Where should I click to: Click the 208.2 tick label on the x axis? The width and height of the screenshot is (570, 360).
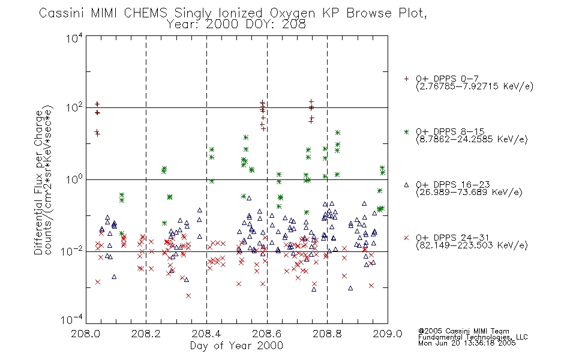coord(146,334)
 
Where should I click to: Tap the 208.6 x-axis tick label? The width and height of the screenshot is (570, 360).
coord(267,334)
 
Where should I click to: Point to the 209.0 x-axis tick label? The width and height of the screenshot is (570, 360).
coord(388,334)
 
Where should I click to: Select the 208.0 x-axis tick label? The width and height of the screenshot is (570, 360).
coord(85,334)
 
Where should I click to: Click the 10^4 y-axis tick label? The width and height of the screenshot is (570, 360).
coord(74,37)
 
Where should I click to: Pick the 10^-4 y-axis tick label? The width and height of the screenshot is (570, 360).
coord(72,319)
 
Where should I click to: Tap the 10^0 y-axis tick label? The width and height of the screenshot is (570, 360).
coord(74,179)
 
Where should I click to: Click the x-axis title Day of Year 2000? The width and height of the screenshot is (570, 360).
coord(236,346)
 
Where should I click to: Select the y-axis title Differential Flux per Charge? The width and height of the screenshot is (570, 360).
coord(38,182)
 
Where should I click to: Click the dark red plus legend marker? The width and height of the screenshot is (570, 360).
coord(406,79)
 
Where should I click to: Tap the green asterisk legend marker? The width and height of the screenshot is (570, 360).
coord(406,131)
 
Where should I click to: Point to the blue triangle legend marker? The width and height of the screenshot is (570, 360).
coord(406,185)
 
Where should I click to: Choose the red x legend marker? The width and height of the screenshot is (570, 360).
coord(406,238)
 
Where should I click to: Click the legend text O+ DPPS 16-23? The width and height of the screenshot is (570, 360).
coord(453,184)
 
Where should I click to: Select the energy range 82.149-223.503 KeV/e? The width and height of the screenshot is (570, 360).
coord(472,245)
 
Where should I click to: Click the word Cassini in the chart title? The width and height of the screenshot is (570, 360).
coord(62,13)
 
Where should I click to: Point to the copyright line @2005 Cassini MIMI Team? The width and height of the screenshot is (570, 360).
coord(463,331)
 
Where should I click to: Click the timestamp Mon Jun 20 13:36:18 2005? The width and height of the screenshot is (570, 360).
coord(467,343)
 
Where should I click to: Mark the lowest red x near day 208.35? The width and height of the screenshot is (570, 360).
coord(188,296)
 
